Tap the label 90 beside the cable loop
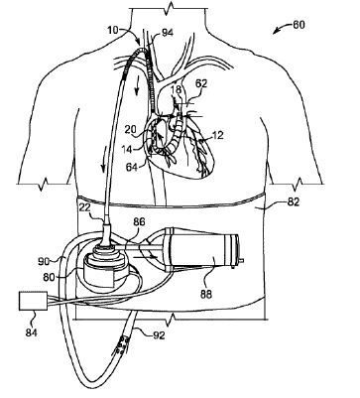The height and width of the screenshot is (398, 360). point(43,261)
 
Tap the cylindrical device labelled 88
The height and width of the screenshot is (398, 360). point(207,251)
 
